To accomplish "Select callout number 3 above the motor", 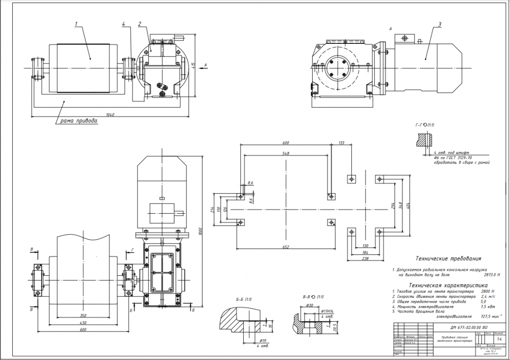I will pyautogui.click(x=439, y=24).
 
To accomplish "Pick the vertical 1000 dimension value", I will pyautogui.click(x=201, y=230).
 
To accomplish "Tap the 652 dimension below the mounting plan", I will pyautogui.click(x=285, y=247).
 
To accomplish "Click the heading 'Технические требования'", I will pyautogui.click(x=448, y=259).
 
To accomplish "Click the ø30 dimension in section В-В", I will pyautogui.click(x=309, y=305).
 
